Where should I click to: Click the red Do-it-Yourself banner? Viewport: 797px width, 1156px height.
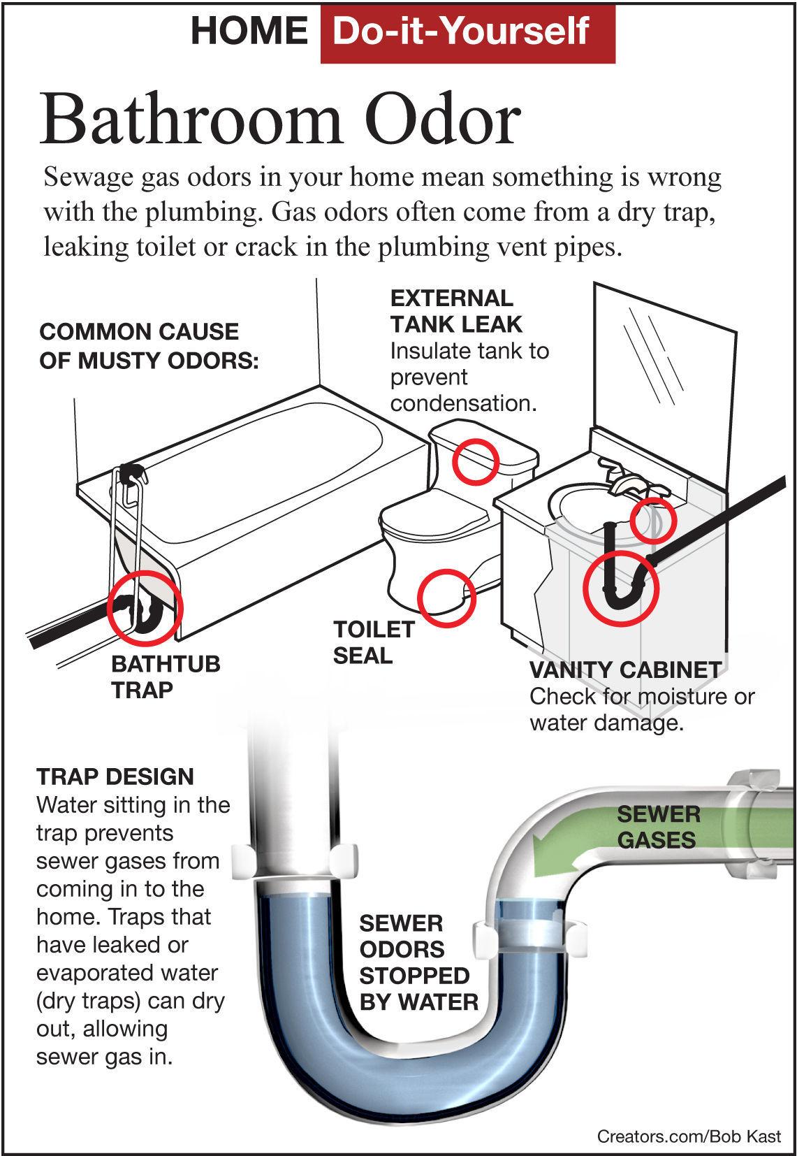[x=467, y=32]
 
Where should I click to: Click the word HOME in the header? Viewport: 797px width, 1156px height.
[x=249, y=31]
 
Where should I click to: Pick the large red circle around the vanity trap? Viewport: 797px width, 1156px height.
[x=620, y=586]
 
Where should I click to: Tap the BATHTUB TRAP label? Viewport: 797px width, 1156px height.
[x=166, y=676]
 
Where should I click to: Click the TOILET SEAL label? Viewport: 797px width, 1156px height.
[x=373, y=642]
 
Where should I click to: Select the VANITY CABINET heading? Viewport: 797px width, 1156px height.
[x=624, y=670]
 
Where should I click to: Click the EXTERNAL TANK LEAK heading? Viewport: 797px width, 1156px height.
[x=455, y=311]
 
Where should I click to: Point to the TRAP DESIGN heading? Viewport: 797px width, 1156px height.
[x=115, y=776]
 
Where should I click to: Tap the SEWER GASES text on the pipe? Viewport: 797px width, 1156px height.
[x=657, y=827]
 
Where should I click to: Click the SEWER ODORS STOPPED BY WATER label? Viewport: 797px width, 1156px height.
[x=418, y=962]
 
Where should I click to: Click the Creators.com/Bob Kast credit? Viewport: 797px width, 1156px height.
[x=688, y=1136]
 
